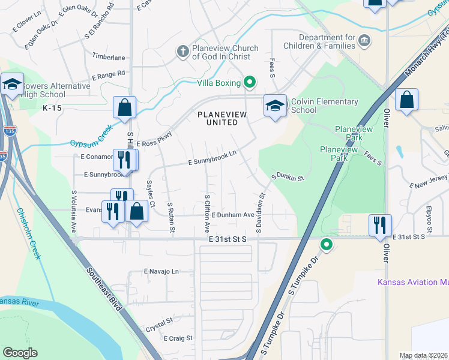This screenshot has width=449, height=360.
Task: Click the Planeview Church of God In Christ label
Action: [x=225, y=52]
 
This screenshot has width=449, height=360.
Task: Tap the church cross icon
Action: [x=182, y=52]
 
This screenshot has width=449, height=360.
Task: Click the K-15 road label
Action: [x=53, y=108]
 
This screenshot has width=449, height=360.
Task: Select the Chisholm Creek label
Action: [x=29, y=233]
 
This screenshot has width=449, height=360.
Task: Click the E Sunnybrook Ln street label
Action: [x=212, y=158]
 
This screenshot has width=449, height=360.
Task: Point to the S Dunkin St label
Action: [x=288, y=177]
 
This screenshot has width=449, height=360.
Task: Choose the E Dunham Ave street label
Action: [x=233, y=215]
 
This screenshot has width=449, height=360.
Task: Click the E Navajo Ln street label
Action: [x=161, y=271]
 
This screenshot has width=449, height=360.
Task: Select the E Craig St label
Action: [x=178, y=338]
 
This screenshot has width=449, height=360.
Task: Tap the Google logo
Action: [x=20, y=353]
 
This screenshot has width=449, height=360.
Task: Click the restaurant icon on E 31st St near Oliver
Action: [x=380, y=224]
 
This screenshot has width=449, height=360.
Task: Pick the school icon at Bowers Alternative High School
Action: [x=11, y=83]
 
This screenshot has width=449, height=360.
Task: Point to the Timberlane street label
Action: [x=108, y=57]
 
